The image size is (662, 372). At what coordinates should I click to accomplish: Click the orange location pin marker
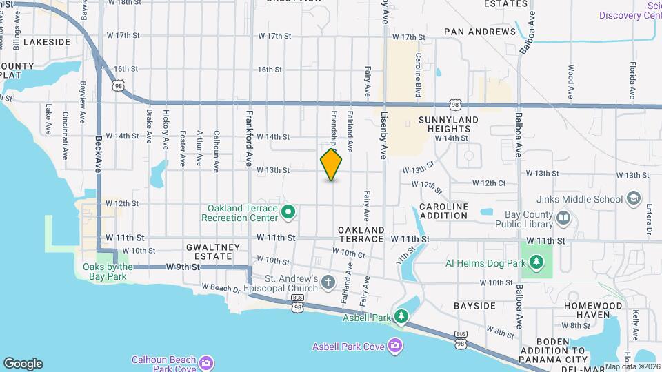332,165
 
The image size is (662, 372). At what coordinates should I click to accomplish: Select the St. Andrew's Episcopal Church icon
328,282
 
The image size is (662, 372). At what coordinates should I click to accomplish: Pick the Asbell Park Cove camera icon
394,344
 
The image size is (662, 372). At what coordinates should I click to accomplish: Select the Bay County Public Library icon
564,219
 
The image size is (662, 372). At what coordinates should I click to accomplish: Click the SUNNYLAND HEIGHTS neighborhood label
448,124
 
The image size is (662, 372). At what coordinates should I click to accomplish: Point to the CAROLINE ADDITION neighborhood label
443,211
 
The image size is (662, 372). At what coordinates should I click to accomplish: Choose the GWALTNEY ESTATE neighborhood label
213,251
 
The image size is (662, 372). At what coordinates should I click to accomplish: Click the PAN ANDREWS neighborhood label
480,32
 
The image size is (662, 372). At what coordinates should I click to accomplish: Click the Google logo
23,363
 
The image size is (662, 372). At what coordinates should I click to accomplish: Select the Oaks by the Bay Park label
108,271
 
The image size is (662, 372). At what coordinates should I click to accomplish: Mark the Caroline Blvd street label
418,76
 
